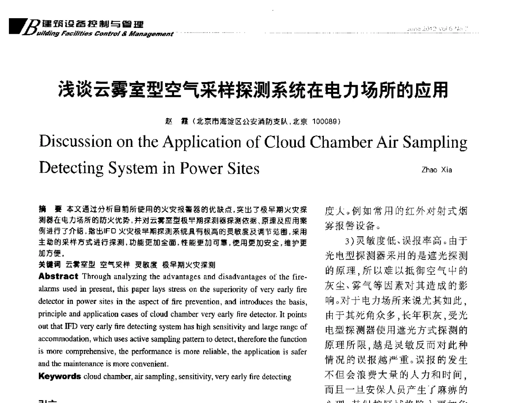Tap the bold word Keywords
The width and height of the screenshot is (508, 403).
[x=56, y=376]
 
